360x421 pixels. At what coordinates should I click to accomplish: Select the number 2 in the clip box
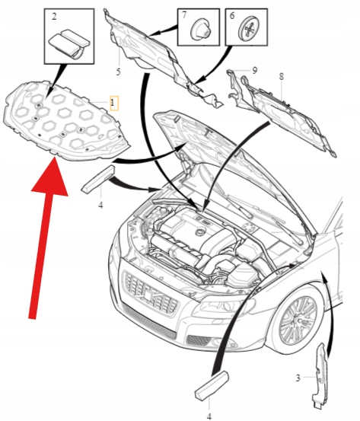[54, 17]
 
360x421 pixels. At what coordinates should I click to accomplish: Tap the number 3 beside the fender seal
[298, 378]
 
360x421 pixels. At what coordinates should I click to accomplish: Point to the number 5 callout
[118, 72]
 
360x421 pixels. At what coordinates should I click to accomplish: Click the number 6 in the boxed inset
[232, 15]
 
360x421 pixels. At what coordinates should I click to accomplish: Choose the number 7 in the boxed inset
[184, 14]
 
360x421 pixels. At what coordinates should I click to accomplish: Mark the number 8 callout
[281, 77]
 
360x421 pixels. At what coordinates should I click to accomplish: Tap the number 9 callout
[255, 70]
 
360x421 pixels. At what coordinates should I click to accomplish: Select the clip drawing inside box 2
[70, 43]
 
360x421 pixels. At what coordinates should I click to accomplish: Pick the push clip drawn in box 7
[200, 30]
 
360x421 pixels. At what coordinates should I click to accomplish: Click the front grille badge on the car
[149, 295]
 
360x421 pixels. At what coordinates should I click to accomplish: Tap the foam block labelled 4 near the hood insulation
[97, 179]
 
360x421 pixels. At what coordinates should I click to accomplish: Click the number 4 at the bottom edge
[209, 416]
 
